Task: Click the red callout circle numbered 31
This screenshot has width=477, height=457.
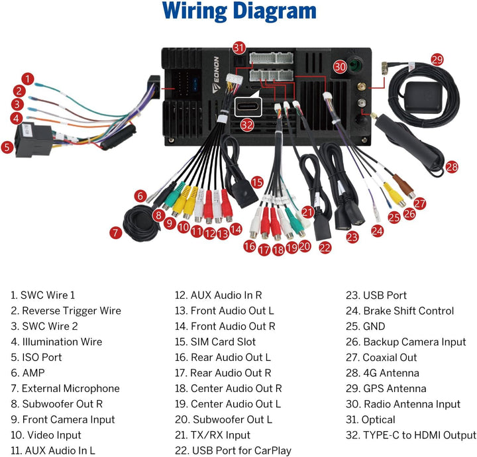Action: click(x=239, y=48)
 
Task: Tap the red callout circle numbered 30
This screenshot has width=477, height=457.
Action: click(x=340, y=67)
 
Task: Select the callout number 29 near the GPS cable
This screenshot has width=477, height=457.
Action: click(x=437, y=60)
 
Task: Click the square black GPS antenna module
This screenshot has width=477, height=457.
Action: click(x=423, y=97)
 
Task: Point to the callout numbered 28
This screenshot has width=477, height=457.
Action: click(x=452, y=167)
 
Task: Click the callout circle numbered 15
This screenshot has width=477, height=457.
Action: click(x=257, y=182)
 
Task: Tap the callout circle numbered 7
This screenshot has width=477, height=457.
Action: click(x=115, y=233)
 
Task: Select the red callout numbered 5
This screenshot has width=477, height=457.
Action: click(x=7, y=148)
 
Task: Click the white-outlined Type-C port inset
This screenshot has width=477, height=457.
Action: click(x=248, y=107)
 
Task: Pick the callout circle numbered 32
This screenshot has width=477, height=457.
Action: click(x=247, y=125)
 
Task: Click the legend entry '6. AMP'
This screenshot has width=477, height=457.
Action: click(x=28, y=373)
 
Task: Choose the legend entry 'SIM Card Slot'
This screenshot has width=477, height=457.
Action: click(x=223, y=342)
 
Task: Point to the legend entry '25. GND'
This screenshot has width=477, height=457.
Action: click(x=365, y=327)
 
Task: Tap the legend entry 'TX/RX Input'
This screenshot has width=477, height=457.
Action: click(x=221, y=434)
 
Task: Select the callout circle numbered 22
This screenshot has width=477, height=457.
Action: click(x=325, y=248)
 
